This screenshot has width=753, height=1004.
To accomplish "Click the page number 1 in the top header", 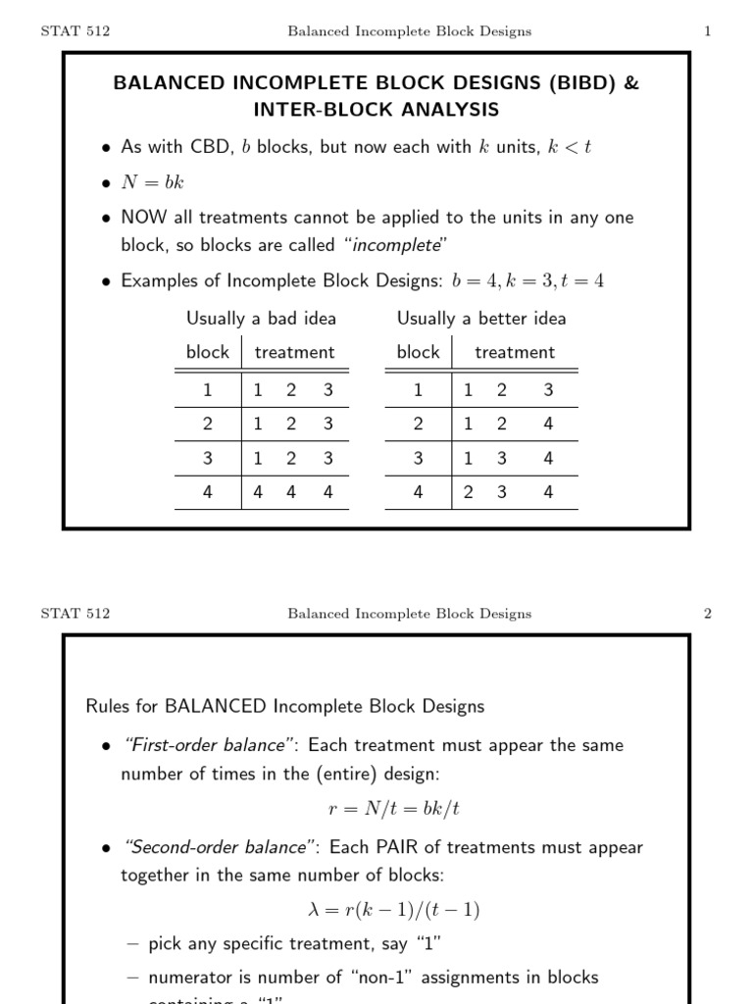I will point(707,31).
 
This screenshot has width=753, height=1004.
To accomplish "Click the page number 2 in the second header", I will point(707,614).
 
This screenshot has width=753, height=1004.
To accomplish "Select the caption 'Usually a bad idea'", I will point(261,318).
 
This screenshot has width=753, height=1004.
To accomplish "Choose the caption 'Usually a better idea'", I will point(481,318).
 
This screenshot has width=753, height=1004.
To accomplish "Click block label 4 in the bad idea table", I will point(207,492).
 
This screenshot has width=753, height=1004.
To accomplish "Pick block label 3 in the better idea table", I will point(418,458).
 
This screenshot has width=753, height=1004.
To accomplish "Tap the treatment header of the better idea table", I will point(514,352).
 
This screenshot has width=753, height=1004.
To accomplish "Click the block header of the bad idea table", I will point(207,352).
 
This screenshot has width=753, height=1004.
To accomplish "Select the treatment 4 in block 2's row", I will point(547,424).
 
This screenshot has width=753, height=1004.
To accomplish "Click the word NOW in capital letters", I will point(144,218).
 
